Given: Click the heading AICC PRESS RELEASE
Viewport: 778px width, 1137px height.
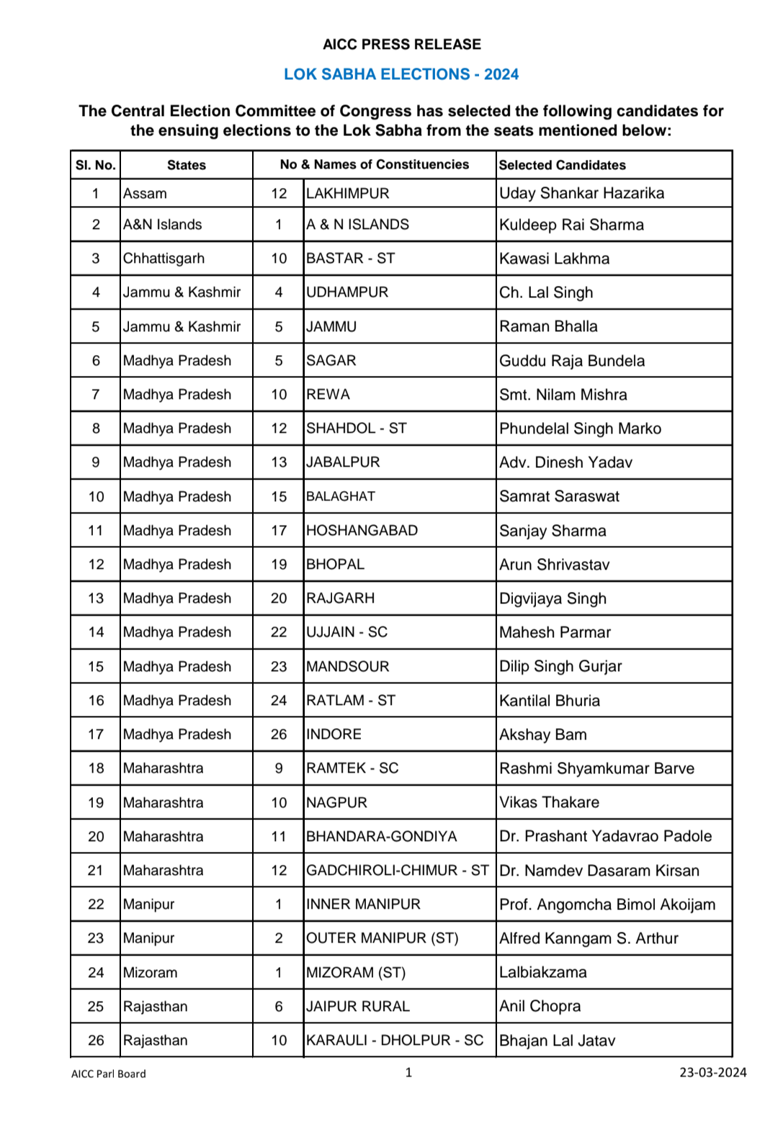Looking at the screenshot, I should pos(401,45).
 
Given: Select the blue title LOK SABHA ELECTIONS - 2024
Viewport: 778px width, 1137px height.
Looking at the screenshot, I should pos(401,74).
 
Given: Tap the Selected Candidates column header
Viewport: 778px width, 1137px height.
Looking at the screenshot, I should pos(563,165).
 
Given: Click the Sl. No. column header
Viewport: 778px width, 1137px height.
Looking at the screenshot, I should pos(95,165).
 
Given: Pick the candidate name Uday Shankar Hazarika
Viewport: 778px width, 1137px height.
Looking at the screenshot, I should pos(581,193).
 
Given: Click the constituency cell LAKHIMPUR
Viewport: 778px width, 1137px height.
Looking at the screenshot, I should pos(347,193).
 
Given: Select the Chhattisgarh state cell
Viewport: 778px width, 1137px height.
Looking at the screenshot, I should pos(164,259).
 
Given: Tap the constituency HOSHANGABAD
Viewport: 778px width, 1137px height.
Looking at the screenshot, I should pos(362,531).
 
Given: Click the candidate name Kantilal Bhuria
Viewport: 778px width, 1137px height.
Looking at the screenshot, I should pos(550,701).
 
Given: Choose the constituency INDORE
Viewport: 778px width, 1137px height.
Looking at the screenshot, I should pos(334,734).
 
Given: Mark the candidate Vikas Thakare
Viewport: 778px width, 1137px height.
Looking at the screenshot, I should pos(549,802).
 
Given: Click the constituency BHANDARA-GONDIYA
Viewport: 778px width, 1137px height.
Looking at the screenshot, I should pos(381,837).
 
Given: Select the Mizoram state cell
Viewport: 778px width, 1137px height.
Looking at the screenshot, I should pos(150,973).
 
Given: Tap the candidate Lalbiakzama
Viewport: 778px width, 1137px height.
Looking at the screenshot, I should pos(542,973).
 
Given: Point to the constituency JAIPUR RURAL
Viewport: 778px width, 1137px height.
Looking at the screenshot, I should pos(357,1007).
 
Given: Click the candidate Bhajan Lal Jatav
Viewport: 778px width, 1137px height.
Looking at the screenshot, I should pos(557,1041).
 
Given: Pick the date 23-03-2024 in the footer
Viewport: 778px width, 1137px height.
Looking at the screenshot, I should pos(712,1072).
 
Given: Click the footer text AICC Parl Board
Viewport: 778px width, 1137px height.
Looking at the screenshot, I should pos(109,1074).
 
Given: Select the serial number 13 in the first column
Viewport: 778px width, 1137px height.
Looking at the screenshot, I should pos(96,598).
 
